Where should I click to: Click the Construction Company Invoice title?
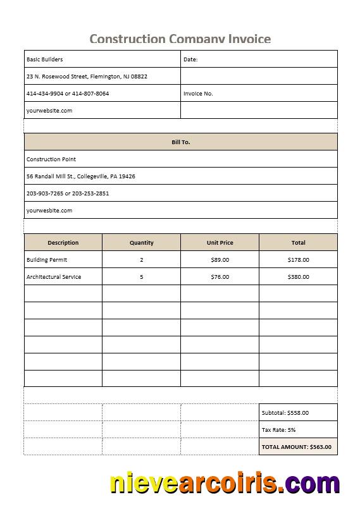tap(180, 39)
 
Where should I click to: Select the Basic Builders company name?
tap(45, 59)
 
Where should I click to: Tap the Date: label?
tap(190, 59)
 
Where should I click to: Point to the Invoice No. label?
tap(198, 94)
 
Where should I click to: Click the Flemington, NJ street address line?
tap(87, 77)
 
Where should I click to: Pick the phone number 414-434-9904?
tap(44, 94)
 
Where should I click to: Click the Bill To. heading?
tap(180, 142)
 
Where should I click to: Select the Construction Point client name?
tap(51, 159)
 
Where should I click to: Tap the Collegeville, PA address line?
tap(80, 176)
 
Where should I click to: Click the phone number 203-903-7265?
tap(44, 193)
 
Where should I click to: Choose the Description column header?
tap(63, 243)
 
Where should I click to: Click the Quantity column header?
tap(141, 243)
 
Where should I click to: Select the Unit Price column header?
tap(220, 243)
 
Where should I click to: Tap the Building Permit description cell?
tap(47, 260)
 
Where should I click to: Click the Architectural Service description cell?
tap(54, 277)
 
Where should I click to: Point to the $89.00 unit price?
tap(220, 260)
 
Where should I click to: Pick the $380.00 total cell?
tap(298, 277)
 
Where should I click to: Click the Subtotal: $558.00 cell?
tap(285, 413)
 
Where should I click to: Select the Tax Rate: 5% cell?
tap(279, 430)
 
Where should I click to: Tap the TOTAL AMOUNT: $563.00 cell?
tap(296, 447)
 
